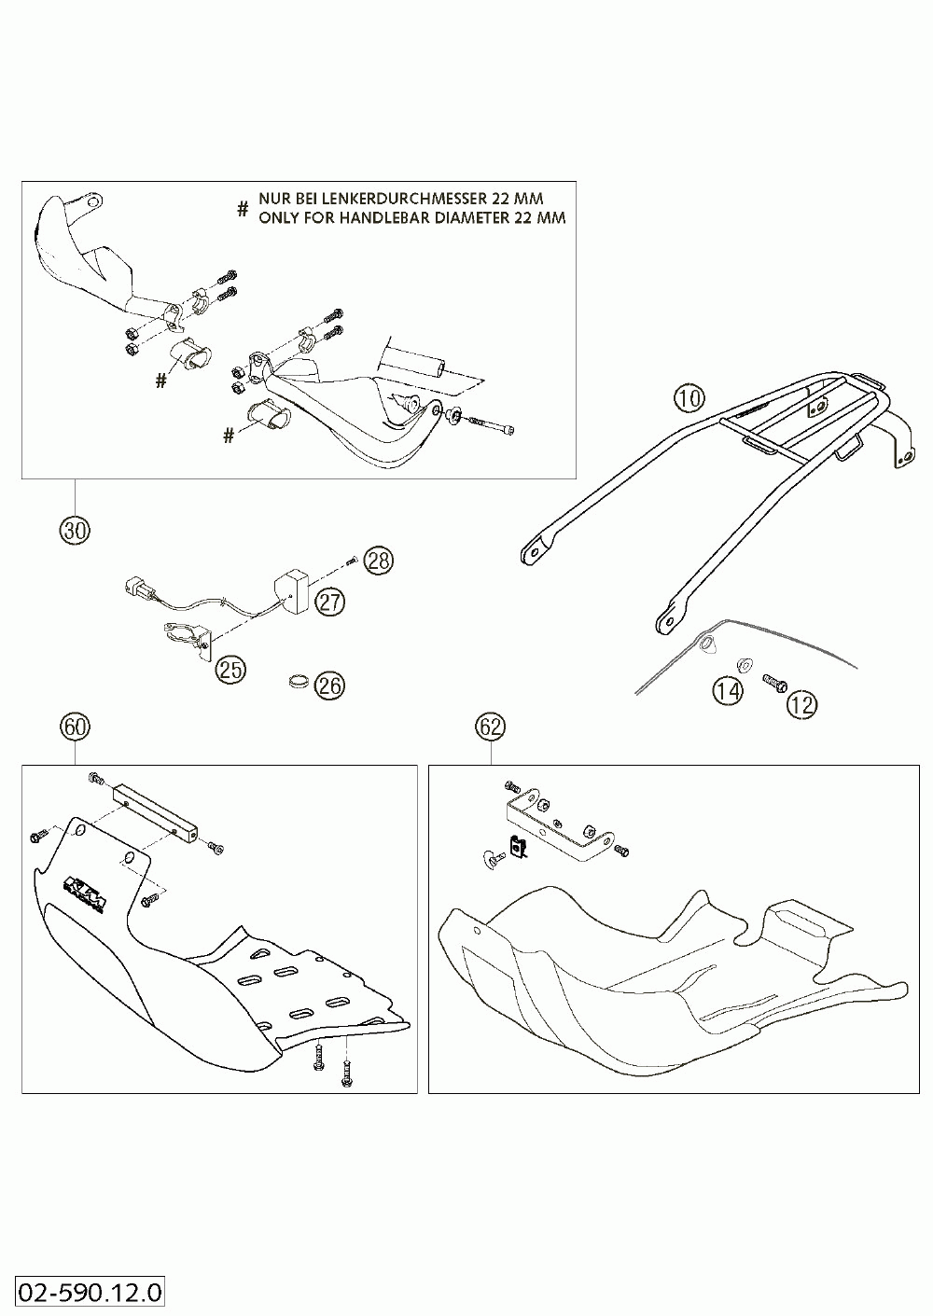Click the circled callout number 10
click(x=688, y=400)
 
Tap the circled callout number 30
click(x=74, y=531)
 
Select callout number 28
click(x=379, y=561)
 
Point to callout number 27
click(x=329, y=602)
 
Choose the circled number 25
click(x=231, y=669)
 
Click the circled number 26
click(x=329, y=686)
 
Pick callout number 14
click(x=728, y=691)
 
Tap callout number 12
click(x=801, y=704)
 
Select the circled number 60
click(x=75, y=726)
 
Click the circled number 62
click(x=491, y=726)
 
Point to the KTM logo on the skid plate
click(x=86, y=890)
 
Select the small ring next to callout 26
click(x=298, y=684)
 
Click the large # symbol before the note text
click(x=243, y=209)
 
